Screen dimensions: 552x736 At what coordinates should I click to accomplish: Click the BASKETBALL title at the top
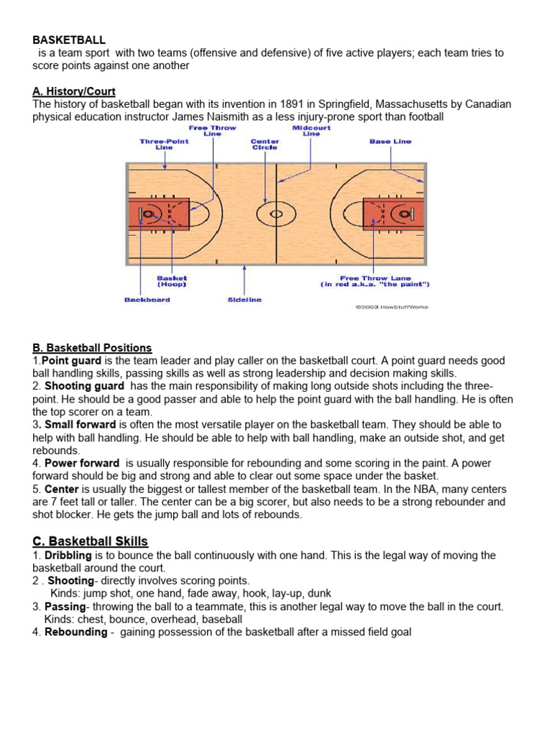point(69,40)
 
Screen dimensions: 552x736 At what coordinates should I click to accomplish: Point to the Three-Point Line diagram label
point(164,144)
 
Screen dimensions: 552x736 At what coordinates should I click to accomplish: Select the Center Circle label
point(264,144)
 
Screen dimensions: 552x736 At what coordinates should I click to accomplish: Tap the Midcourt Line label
point(310,131)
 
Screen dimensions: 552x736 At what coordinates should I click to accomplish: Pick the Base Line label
point(390,142)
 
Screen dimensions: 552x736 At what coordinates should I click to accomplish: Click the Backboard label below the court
point(147,300)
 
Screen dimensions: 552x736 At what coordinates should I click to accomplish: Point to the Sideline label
point(245,300)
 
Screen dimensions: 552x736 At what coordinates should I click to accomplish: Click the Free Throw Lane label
point(374,281)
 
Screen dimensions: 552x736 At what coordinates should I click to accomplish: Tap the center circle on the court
point(276,213)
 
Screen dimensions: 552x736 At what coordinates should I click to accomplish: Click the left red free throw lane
point(160,213)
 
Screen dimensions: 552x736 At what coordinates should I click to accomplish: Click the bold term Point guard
point(72,361)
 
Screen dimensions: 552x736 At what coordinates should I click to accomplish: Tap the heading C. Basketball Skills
point(90,541)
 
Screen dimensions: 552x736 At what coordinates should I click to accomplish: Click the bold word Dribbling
point(69,556)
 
